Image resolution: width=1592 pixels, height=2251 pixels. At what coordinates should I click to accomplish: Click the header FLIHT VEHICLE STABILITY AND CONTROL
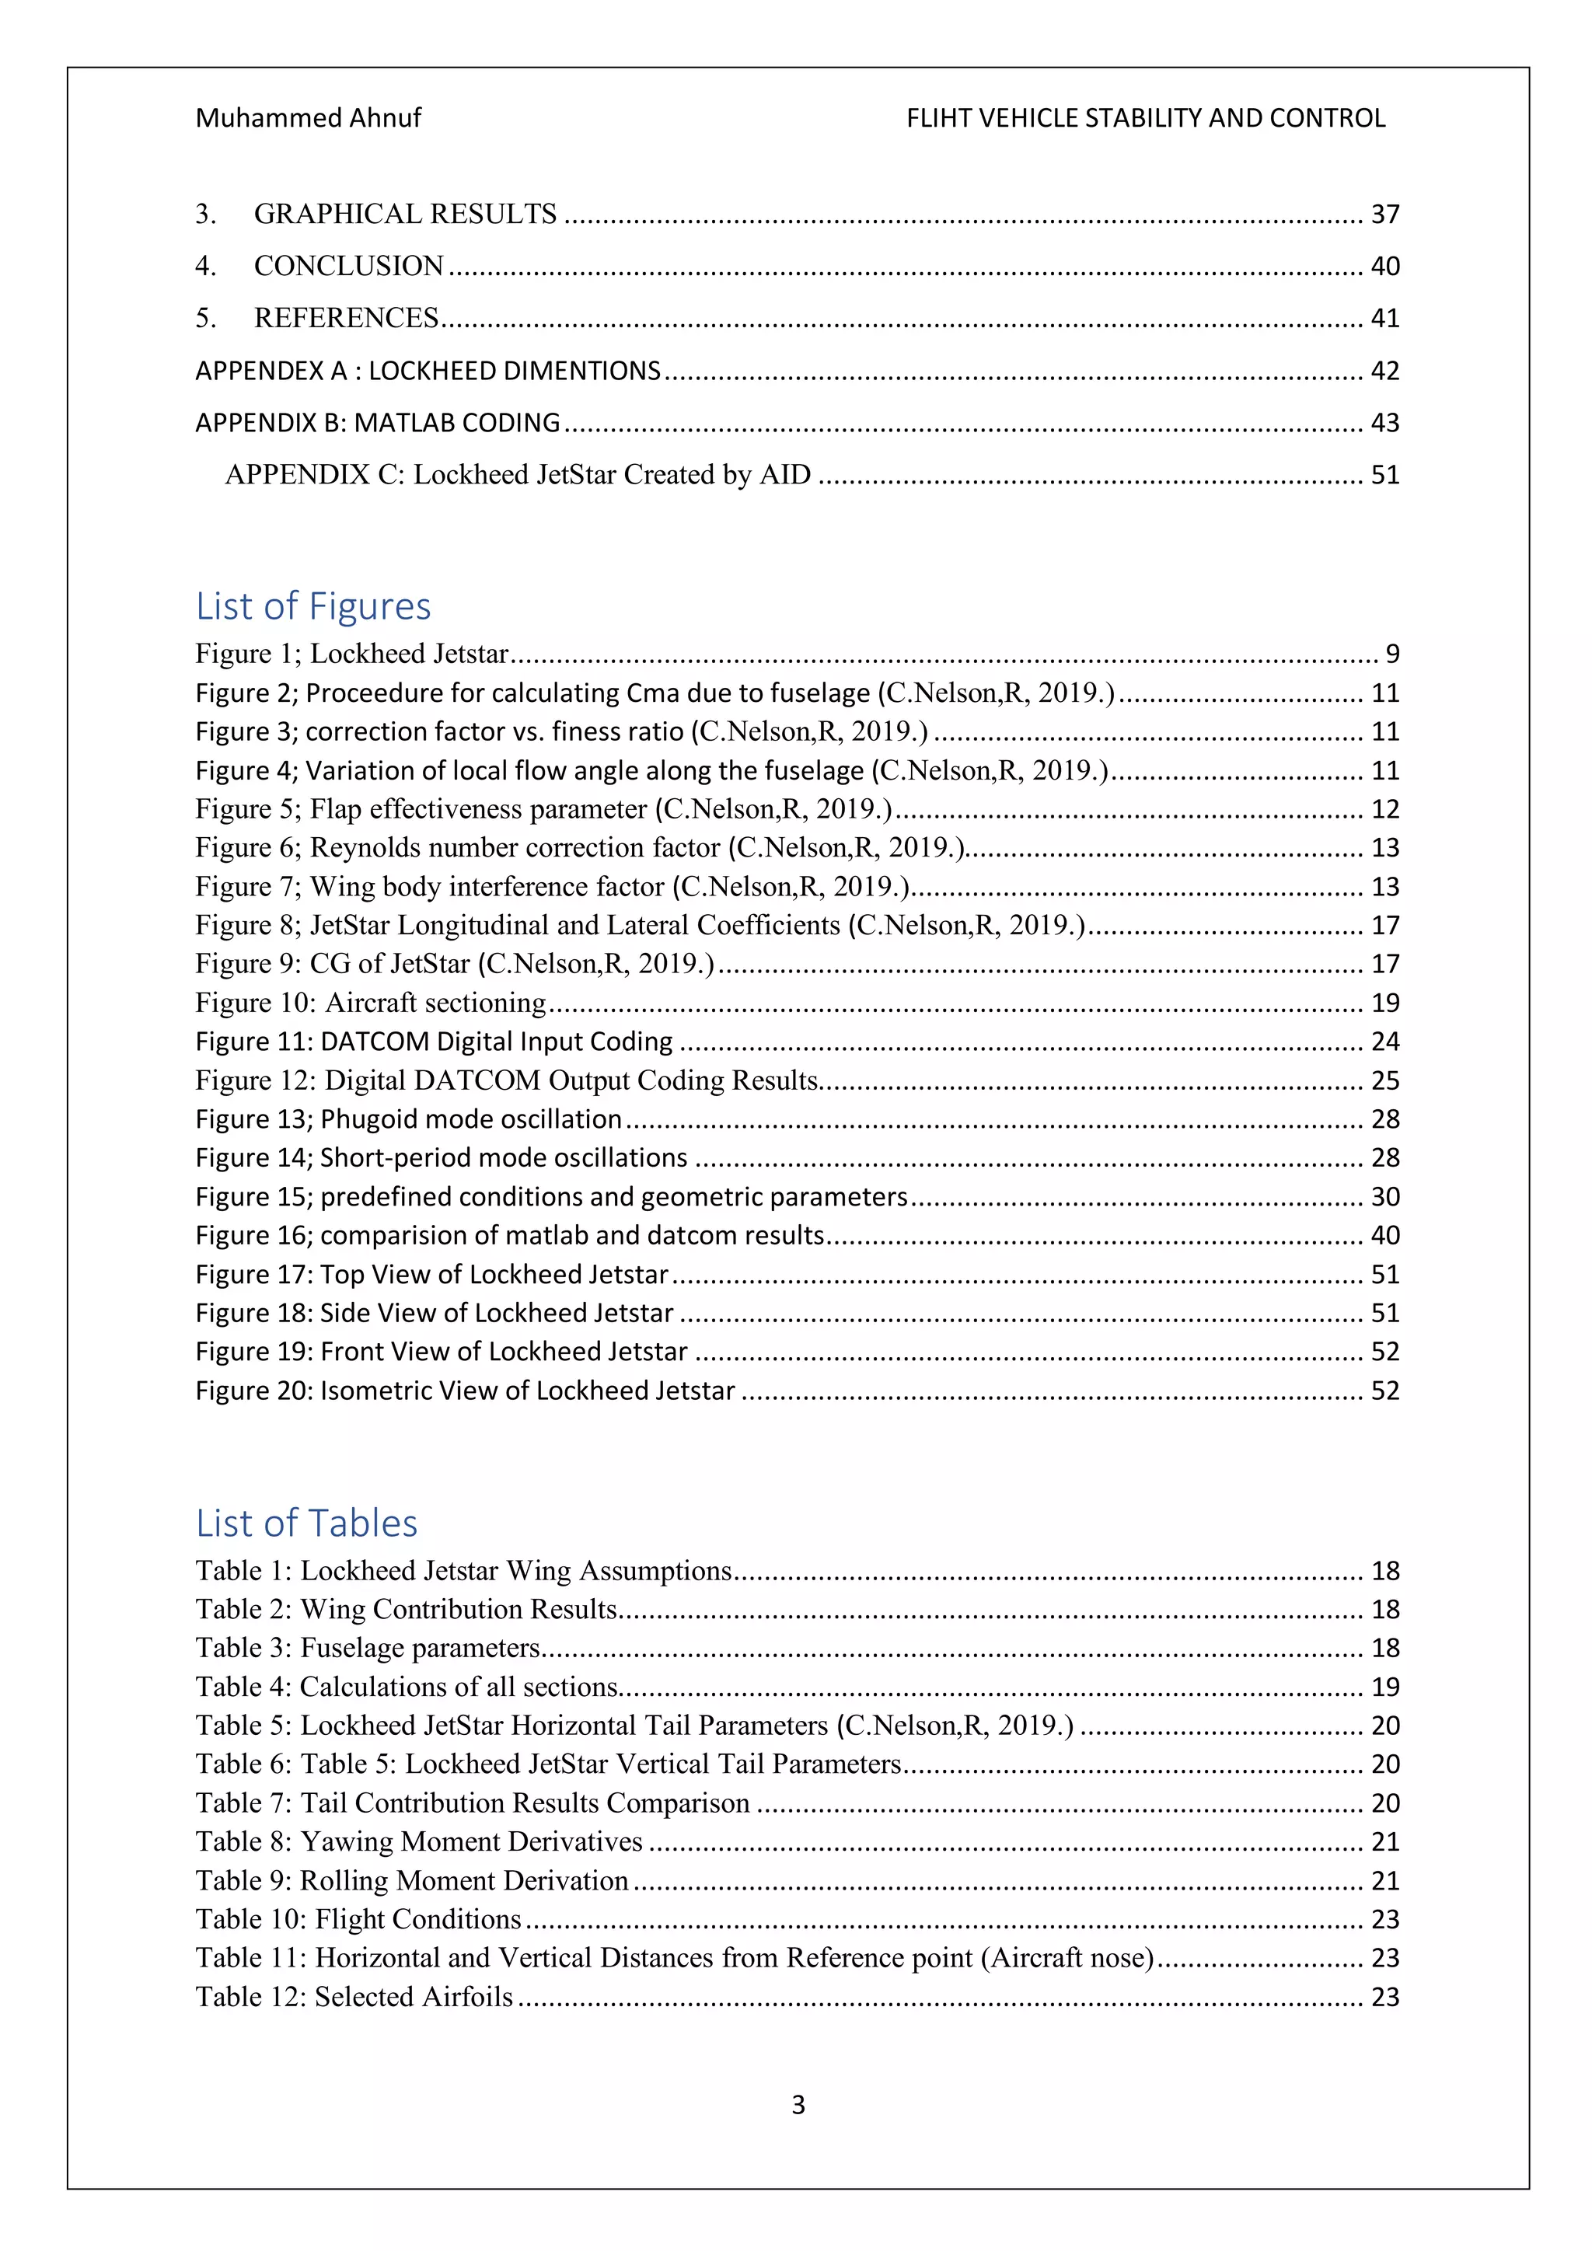coord(1145,119)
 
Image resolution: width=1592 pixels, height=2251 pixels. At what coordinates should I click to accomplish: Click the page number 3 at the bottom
coord(798,2104)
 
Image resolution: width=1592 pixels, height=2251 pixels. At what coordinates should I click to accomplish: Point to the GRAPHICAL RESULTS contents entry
coord(405,214)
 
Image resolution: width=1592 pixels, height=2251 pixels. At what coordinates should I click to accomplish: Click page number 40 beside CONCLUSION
coord(1384,266)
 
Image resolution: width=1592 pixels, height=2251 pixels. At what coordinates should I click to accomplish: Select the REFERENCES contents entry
coord(346,318)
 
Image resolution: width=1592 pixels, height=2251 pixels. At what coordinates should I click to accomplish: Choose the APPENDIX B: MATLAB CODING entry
coord(378,423)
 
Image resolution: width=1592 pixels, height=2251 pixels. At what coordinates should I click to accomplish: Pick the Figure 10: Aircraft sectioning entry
coord(371,1003)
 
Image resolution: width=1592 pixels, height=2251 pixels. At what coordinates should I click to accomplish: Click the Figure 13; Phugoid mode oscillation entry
coord(409,1119)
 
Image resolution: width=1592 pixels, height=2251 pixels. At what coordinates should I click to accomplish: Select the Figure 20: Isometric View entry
coord(465,1391)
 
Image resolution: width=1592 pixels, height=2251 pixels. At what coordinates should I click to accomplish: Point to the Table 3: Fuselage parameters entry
coord(368,1648)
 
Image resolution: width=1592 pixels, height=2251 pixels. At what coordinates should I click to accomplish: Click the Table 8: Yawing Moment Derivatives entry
coord(418,1841)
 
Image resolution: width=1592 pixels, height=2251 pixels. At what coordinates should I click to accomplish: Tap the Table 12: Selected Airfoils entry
coord(354,1997)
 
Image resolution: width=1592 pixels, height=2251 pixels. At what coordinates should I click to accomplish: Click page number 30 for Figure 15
coord(1384,1196)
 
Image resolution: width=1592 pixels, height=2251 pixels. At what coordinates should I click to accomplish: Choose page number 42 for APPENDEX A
coord(1384,371)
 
